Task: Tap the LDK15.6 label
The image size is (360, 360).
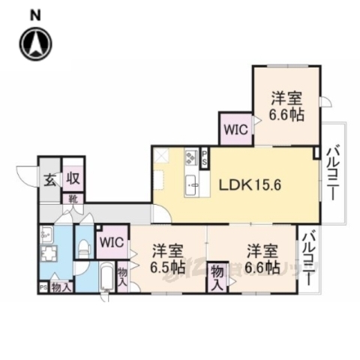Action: point(250,183)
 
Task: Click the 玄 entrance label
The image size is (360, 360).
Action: point(48,180)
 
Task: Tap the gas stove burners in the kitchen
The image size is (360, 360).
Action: point(190,157)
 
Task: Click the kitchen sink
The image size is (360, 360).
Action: point(190,182)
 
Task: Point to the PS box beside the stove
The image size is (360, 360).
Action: point(204,158)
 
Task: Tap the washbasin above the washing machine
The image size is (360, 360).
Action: point(46,233)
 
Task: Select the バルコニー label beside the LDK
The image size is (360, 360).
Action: point(331,172)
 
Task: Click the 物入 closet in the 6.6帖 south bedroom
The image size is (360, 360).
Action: point(217,277)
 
